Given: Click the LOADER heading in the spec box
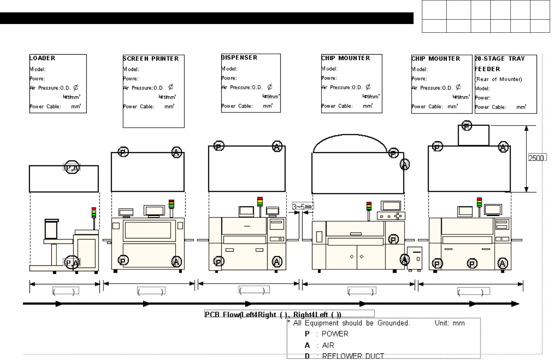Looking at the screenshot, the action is click(43, 58).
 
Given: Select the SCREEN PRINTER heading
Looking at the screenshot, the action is click(151, 59).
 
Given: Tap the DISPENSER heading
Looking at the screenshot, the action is click(240, 58).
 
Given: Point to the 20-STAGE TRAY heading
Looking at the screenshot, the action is click(500, 59).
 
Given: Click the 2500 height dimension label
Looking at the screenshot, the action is click(536, 158).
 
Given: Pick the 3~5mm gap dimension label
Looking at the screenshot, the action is click(303, 207).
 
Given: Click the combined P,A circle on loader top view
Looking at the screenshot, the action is click(72, 167).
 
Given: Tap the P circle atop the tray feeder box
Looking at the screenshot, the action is click(467, 126).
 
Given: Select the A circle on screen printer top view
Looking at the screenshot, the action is click(177, 152).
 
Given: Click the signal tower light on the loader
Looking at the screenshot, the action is click(94, 213).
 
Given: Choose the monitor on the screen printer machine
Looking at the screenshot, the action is click(154, 210).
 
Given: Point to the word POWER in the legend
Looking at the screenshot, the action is click(335, 334).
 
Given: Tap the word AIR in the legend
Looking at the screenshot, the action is click(328, 345).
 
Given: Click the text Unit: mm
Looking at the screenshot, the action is click(450, 323).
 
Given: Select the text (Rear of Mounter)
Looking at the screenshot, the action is click(498, 79).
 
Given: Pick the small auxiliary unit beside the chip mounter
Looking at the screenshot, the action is click(415, 258).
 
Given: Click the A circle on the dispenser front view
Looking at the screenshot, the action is click(277, 261).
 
